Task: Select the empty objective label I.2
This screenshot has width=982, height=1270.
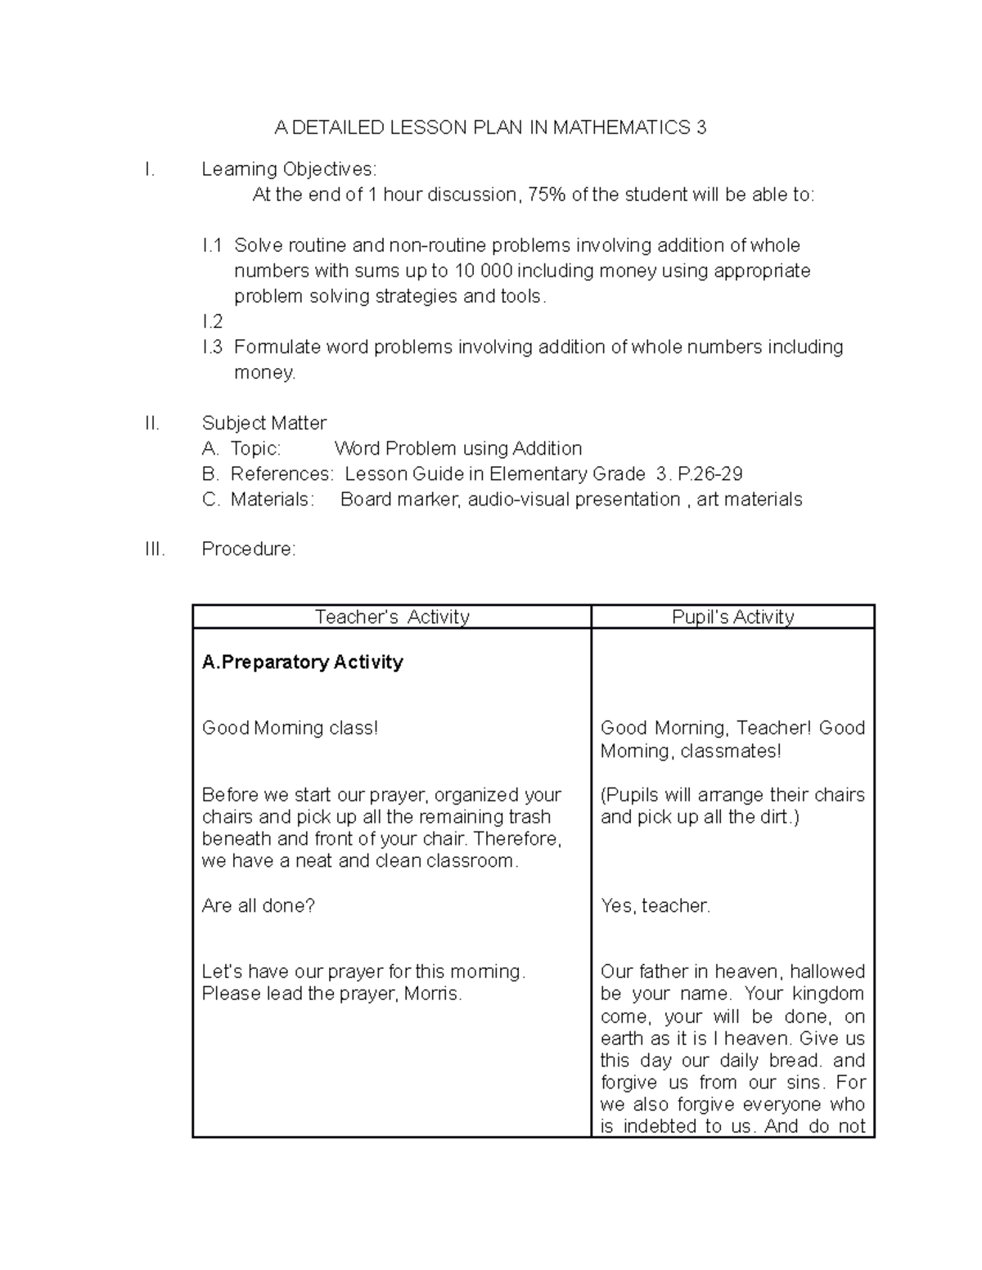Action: (212, 321)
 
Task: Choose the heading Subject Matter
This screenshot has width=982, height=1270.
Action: (264, 423)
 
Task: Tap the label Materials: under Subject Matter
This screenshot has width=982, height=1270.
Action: (271, 499)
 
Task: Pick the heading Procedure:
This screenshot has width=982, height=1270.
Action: (248, 549)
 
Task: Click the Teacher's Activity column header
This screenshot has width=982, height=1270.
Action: (392, 617)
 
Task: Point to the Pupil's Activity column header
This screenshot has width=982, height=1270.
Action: (732, 617)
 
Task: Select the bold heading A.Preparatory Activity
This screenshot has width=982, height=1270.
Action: (302, 662)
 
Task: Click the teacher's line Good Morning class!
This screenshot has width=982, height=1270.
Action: (290, 728)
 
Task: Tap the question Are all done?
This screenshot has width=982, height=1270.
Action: (258, 905)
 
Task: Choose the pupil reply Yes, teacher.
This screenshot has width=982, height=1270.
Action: (655, 905)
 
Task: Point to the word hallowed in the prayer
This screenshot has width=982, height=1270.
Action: (827, 972)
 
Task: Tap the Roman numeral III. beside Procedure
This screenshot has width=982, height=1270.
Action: (155, 549)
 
